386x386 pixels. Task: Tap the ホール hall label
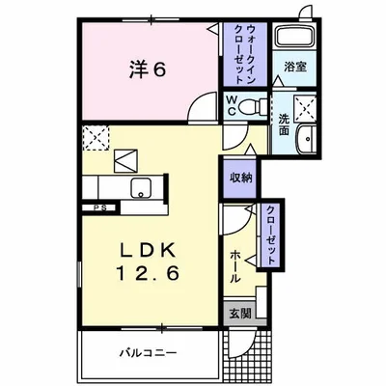tap(234, 262)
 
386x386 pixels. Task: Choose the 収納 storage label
tap(241, 179)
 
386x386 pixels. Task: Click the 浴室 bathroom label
tap(293, 69)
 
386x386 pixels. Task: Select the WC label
tap(234, 105)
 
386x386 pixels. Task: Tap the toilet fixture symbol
tap(253, 107)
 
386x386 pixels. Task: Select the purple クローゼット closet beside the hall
tap(272, 236)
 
